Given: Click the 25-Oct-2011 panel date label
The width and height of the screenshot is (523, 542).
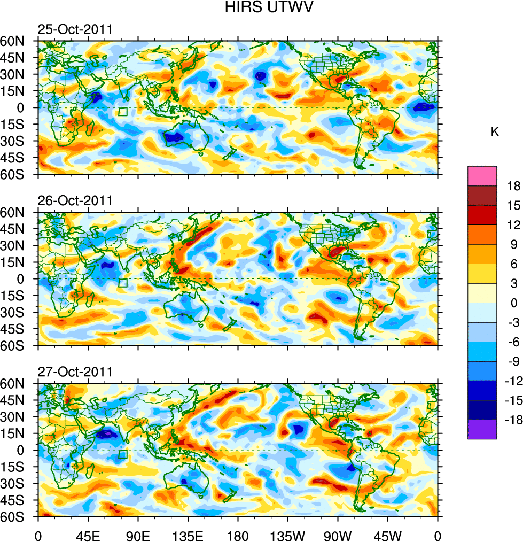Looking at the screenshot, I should pyautogui.click(x=75, y=30).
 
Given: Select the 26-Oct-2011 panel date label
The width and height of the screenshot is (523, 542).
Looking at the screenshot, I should pyautogui.click(x=75, y=201).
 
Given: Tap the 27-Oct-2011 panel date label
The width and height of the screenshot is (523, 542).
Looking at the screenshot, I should pyautogui.click(x=75, y=372).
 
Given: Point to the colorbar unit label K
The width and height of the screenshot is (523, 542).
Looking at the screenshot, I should pyautogui.click(x=495, y=132).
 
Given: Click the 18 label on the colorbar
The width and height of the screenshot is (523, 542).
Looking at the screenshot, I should pyautogui.click(x=514, y=185).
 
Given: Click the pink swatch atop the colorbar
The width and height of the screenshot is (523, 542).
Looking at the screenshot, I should pyautogui.click(x=482, y=176).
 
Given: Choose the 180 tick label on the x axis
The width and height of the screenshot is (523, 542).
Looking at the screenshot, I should pyautogui.click(x=238, y=535).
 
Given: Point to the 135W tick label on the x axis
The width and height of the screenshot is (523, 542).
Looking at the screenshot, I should pyautogui.click(x=287, y=535).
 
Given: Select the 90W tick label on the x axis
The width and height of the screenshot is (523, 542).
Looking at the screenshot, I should pyautogui.click(x=338, y=535).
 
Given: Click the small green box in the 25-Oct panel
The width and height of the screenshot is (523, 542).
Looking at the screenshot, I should pyautogui.click(x=123, y=112).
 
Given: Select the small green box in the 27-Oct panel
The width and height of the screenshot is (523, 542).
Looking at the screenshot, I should pyautogui.click(x=123, y=454).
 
